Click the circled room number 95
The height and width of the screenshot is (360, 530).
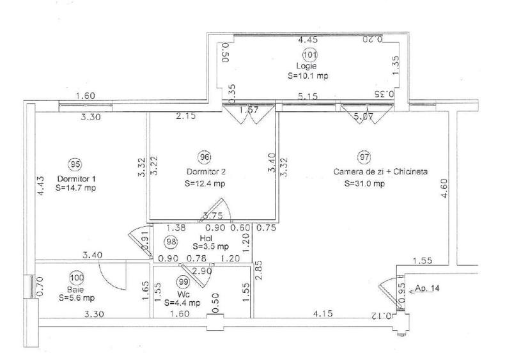pos(75,164)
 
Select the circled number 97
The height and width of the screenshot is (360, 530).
pos(364,157)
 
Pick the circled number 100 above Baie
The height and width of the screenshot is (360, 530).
pos(76,278)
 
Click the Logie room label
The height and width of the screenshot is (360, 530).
pos(306,66)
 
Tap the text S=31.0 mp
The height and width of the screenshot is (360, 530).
pos(364,184)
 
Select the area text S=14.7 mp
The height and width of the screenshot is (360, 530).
pos(75,189)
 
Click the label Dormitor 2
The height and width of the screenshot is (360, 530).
pos(205,171)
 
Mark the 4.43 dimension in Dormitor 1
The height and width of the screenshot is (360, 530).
pos(40,186)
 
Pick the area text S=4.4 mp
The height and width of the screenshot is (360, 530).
pos(182,303)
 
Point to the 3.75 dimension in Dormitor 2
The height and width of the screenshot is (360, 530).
pos(212,215)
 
